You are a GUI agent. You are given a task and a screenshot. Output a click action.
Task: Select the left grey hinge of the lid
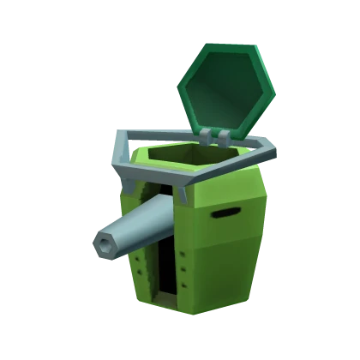coord(207,135)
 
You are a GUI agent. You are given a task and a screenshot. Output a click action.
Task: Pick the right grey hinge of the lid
coord(224,136)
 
